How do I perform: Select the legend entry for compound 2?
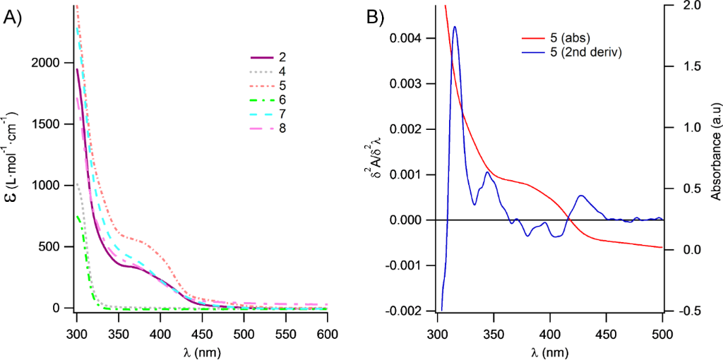pos(282,57)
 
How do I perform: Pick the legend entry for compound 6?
pos(282,100)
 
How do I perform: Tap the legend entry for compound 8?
pos(282,128)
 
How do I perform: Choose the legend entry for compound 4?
pos(282,71)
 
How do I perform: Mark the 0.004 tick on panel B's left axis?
pos(413,38)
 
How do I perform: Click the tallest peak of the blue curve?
pos(455,27)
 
